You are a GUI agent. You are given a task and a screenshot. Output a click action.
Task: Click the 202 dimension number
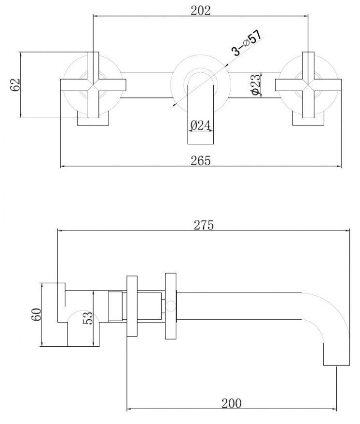tap(200, 10)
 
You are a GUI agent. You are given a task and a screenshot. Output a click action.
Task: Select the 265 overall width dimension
tap(200, 161)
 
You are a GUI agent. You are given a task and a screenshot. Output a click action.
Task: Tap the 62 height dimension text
tap(15, 84)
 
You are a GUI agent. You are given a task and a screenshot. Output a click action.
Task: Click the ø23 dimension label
tap(256, 85)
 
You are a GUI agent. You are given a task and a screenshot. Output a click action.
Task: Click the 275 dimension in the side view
tap(203, 225)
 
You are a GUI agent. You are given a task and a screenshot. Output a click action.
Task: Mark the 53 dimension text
tap(87, 318)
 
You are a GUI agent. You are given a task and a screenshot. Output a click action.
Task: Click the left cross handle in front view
tap(93, 84)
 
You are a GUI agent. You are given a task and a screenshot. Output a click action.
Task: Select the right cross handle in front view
tap(308, 84)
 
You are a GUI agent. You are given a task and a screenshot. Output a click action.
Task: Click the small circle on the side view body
tap(169, 305)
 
